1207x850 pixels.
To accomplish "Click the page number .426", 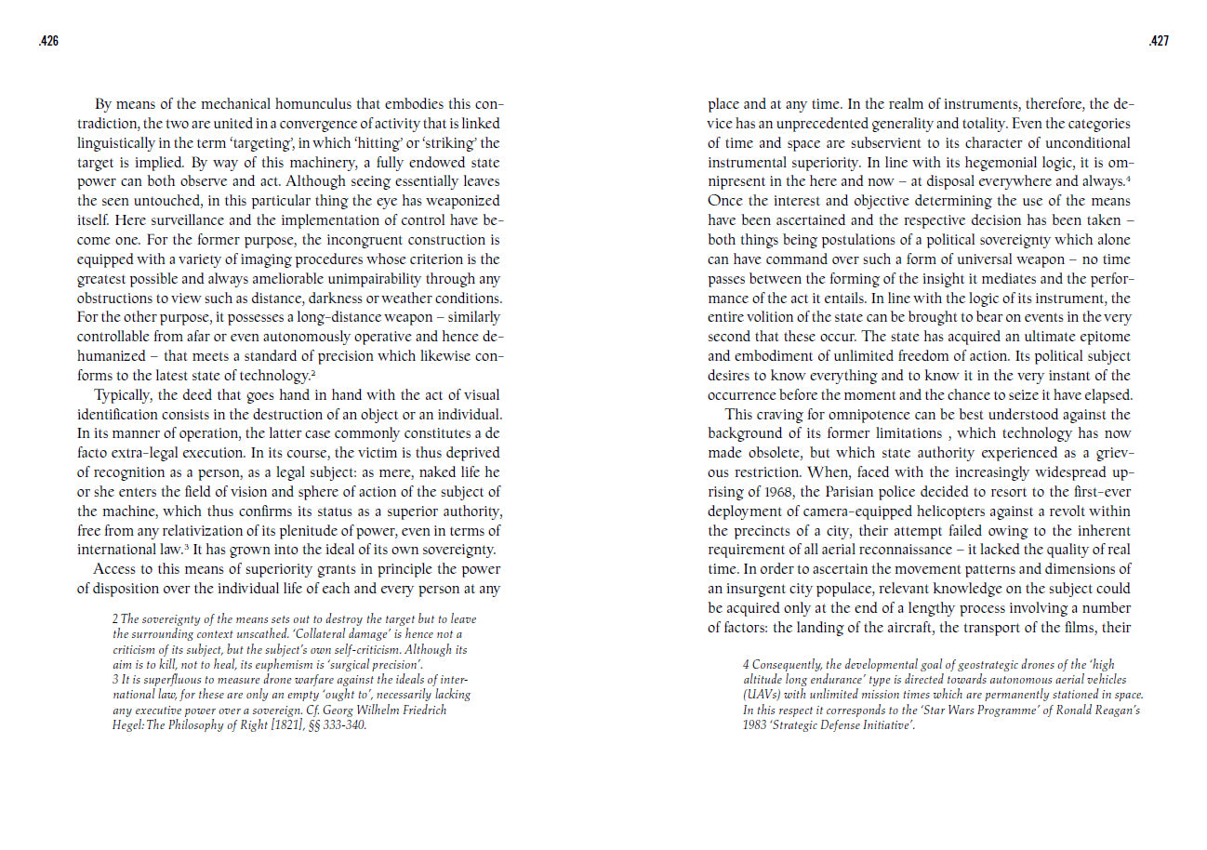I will click(46, 41).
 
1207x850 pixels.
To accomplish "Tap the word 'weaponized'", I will click(458, 201).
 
